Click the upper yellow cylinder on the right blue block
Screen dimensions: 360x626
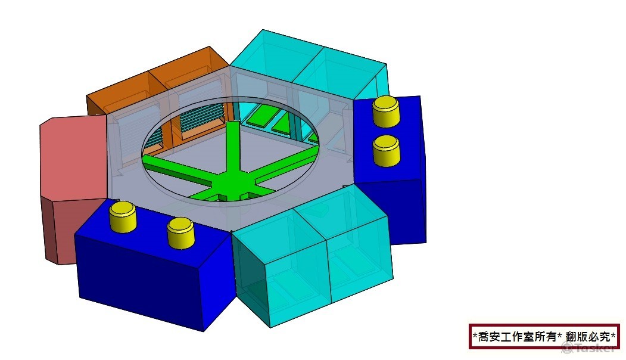(385, 111)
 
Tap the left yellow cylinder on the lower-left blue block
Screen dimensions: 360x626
(123, 215)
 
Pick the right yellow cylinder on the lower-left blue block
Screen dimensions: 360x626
(180, 232)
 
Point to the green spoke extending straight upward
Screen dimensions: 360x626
(232, 146)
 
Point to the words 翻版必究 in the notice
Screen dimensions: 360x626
(590, 337)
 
